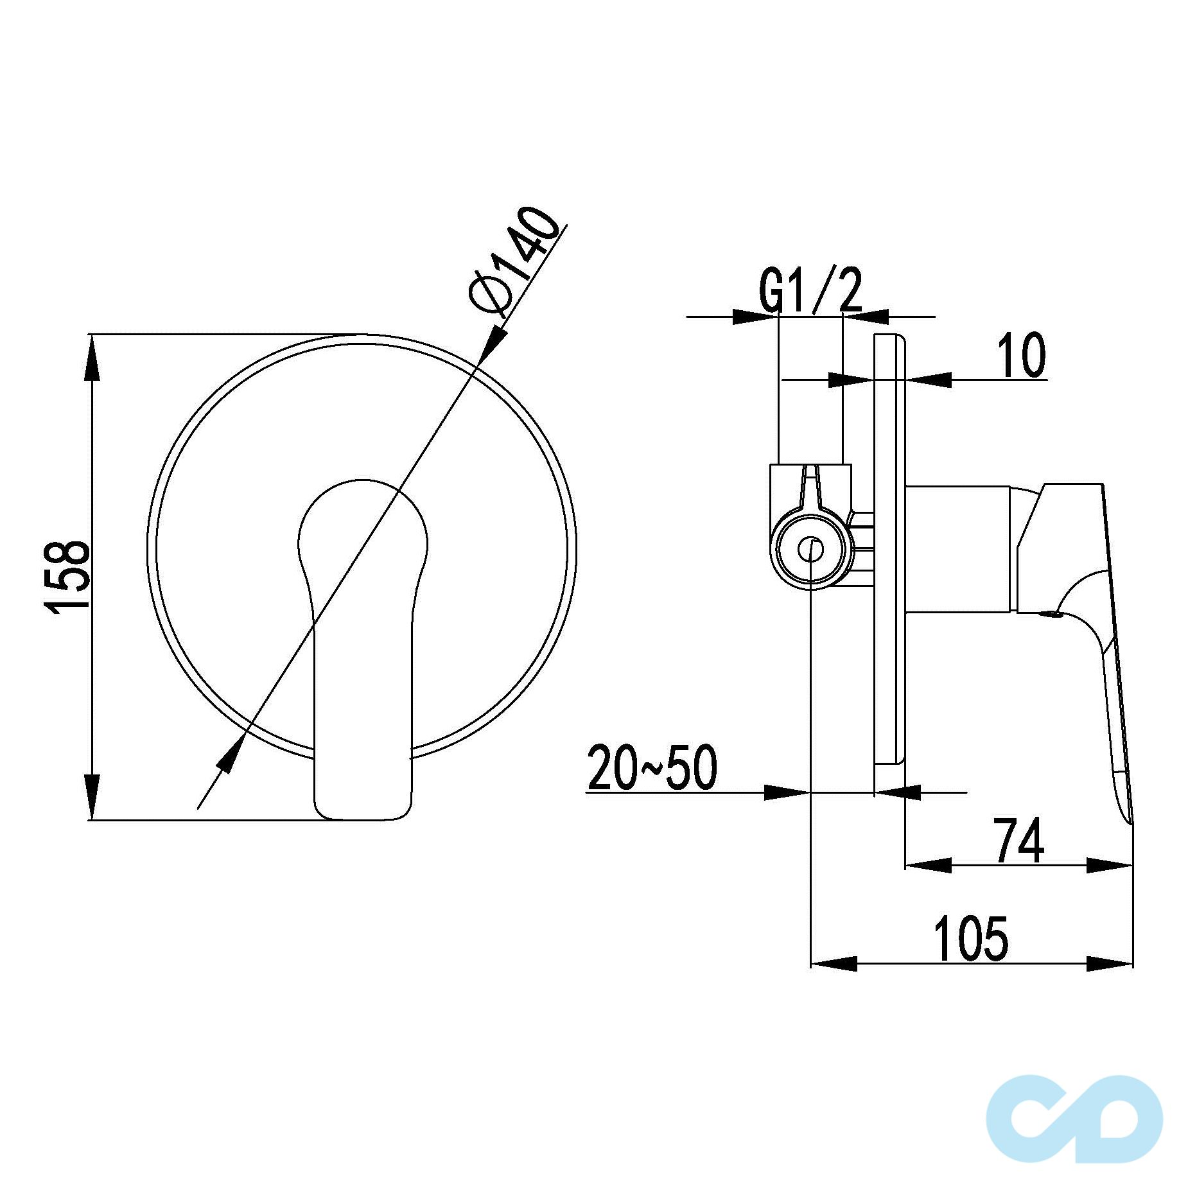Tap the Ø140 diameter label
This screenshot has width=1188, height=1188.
[x=514, y=260]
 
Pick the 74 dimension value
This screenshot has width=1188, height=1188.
[x=1020, y=841]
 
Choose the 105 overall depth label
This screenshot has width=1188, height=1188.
[x=972, y=939]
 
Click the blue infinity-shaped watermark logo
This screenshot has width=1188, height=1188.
[x=1074, y=1119]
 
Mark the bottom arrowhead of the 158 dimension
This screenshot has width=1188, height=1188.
[x=93, y=797]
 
